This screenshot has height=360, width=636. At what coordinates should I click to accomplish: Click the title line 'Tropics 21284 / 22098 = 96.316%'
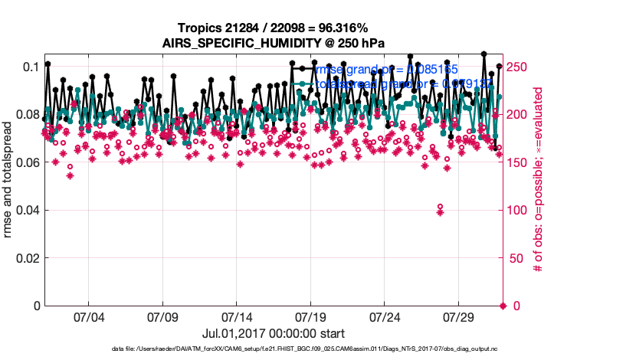pyautogui.click(x=274, y=28)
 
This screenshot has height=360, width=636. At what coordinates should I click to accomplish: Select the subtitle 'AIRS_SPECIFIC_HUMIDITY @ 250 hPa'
pyautogui.click(x=274, y=44)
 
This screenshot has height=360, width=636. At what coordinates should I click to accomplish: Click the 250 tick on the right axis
pyautogui.click(x=519, y=67)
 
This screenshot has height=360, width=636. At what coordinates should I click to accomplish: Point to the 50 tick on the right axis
pyautogui.click(x=516, y=258)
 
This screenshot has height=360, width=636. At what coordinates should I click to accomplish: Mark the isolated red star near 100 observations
pyautogui.click(x=440, y=212)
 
